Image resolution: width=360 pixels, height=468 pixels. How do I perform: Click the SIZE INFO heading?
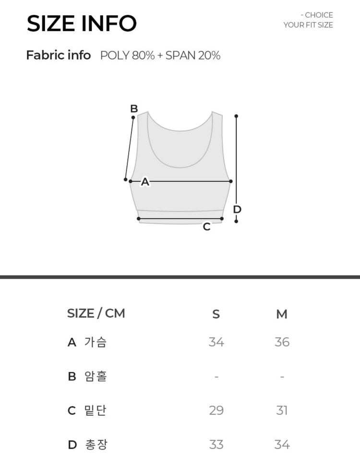point(82,24)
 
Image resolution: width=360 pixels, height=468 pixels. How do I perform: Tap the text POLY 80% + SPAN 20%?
point(160,56)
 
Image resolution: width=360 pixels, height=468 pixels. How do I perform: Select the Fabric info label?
point(59,55)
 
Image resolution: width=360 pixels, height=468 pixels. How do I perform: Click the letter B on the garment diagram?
point(134,108)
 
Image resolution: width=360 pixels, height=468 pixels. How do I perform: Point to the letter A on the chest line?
point(145,181)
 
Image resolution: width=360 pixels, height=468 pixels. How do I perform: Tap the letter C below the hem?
point(206,227)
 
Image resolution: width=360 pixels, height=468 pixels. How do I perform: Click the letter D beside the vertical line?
point(237,210)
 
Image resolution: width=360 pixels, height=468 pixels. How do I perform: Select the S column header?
point(216,314)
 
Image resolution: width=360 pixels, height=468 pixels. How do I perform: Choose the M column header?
point(282,314)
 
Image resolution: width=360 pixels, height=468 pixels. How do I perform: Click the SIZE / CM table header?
point(96,313)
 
